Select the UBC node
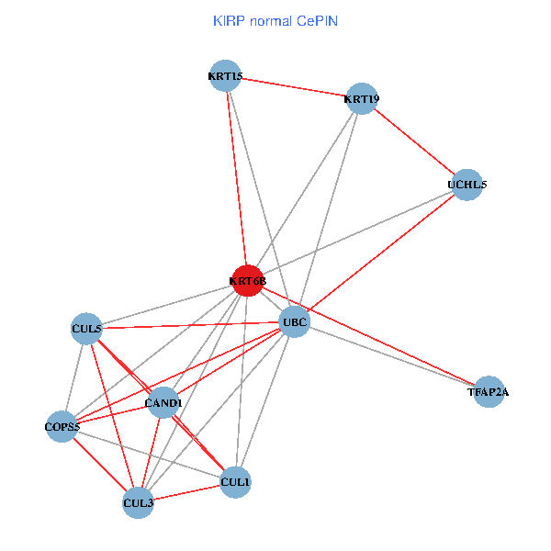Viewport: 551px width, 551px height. tap(294, 322)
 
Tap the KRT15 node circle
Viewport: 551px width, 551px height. tap(225, 76)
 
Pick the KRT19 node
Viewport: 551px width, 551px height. tap(361, 98)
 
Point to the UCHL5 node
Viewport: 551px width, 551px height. tap(467, 185)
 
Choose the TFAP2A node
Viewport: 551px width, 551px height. tap(488, 392)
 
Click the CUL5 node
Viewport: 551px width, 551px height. tap(86, 328)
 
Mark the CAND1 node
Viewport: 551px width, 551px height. tap(163, 402)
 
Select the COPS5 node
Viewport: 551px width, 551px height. tap(62, 427)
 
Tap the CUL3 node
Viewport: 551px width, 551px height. tap(138, 502)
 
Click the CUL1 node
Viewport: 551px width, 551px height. tap(235, 481)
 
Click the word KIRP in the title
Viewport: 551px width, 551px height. tap(229, 20)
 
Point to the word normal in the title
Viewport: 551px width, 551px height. tap(272, 20)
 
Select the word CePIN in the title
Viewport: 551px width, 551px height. tap(317, 20)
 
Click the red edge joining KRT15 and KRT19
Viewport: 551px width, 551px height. tap(293, 87)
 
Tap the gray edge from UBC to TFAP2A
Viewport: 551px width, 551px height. tap(390, 357)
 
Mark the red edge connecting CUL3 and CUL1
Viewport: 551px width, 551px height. tap(186, 492)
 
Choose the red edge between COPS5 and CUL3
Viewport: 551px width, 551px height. tap(100, 465)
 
